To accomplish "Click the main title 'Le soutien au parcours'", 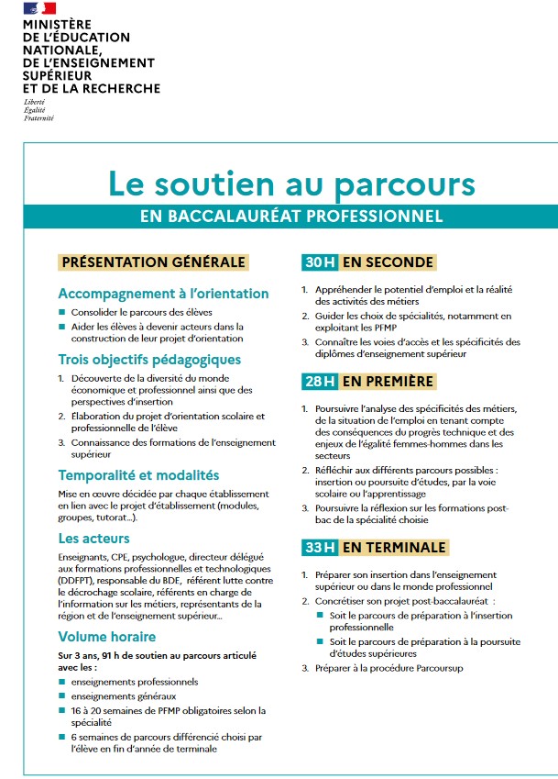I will click(291, 183).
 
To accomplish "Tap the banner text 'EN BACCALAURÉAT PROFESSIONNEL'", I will click(291, 217).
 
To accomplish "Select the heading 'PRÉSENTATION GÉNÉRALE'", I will click(153, 262).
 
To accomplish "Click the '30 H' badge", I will click(320, 262).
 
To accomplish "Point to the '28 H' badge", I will click(320, 381).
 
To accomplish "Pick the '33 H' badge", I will click(320, 548).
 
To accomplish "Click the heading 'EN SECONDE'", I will click(388, 262).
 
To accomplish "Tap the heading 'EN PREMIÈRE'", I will click(389, 381).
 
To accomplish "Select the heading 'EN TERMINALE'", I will click(394, 548).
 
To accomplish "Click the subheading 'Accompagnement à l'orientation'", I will click(163, 294).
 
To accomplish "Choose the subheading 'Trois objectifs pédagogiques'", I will click(149, 360).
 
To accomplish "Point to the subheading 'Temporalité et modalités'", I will click(138, 475).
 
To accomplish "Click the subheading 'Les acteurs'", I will click(93, 539).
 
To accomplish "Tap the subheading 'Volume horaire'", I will click(106, 636).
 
